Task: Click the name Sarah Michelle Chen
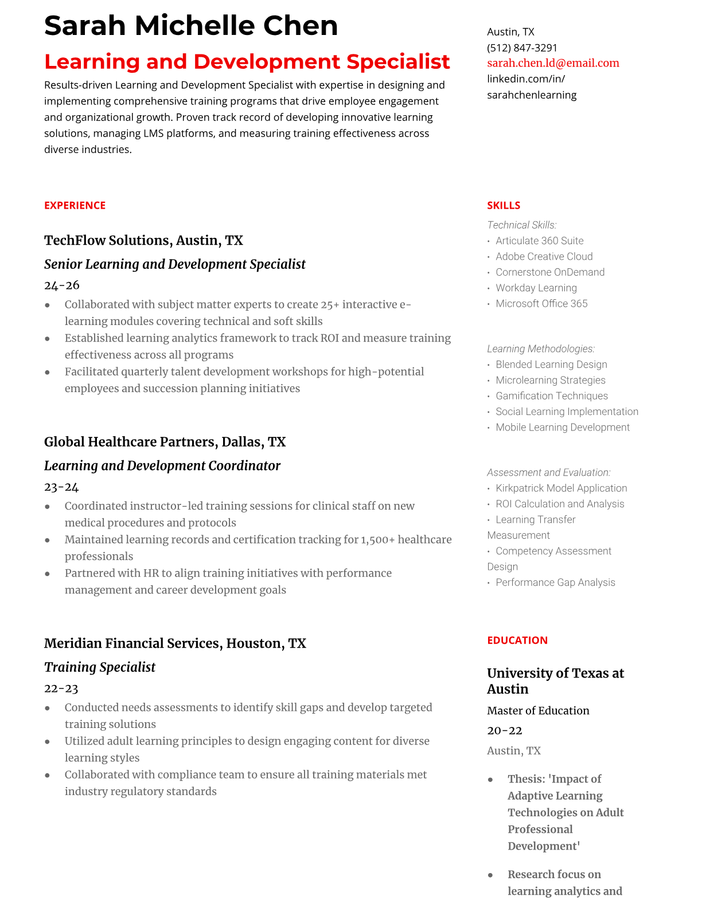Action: tap(191, 26)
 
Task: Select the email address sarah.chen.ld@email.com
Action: tap(553, 63)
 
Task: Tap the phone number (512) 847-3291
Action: tap(522, 48)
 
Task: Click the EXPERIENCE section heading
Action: tap(75, 205)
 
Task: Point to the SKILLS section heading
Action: tap(504, 205)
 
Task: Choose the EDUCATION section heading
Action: tap(517, 640)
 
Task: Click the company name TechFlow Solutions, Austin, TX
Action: tap(143, 240)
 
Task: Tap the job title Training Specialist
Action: tap(100, 667)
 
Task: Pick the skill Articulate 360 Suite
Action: tap(539, 241)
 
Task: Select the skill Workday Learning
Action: tap(536, 288)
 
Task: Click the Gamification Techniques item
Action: tap(551, 396)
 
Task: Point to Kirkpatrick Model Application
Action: tap(561, 488)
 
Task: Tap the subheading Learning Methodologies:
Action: tap(540, 349)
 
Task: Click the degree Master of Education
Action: tap(538, 711)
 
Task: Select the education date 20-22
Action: tap(505, 730)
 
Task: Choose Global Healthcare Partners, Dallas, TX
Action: tap(165, 442)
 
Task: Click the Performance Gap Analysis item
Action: tap(555, 582)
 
